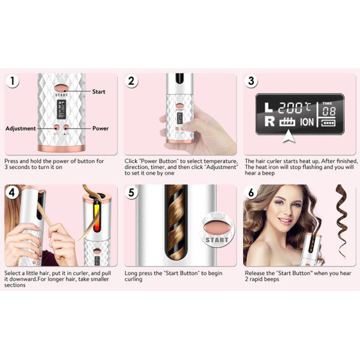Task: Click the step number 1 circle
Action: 12,81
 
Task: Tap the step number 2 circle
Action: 131,81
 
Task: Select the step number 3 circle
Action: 251,81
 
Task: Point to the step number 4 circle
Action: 12,193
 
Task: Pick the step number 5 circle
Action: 131,193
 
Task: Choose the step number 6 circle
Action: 251,193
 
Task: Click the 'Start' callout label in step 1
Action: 99,92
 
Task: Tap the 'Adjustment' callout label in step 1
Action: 20,128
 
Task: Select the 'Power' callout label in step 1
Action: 101,128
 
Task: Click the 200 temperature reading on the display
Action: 290,108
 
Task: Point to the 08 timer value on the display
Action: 329,112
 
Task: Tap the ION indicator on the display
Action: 307,122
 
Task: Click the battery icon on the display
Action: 328,123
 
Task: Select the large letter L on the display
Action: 268,107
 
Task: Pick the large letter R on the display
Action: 269,121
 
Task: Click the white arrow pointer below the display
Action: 289,136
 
